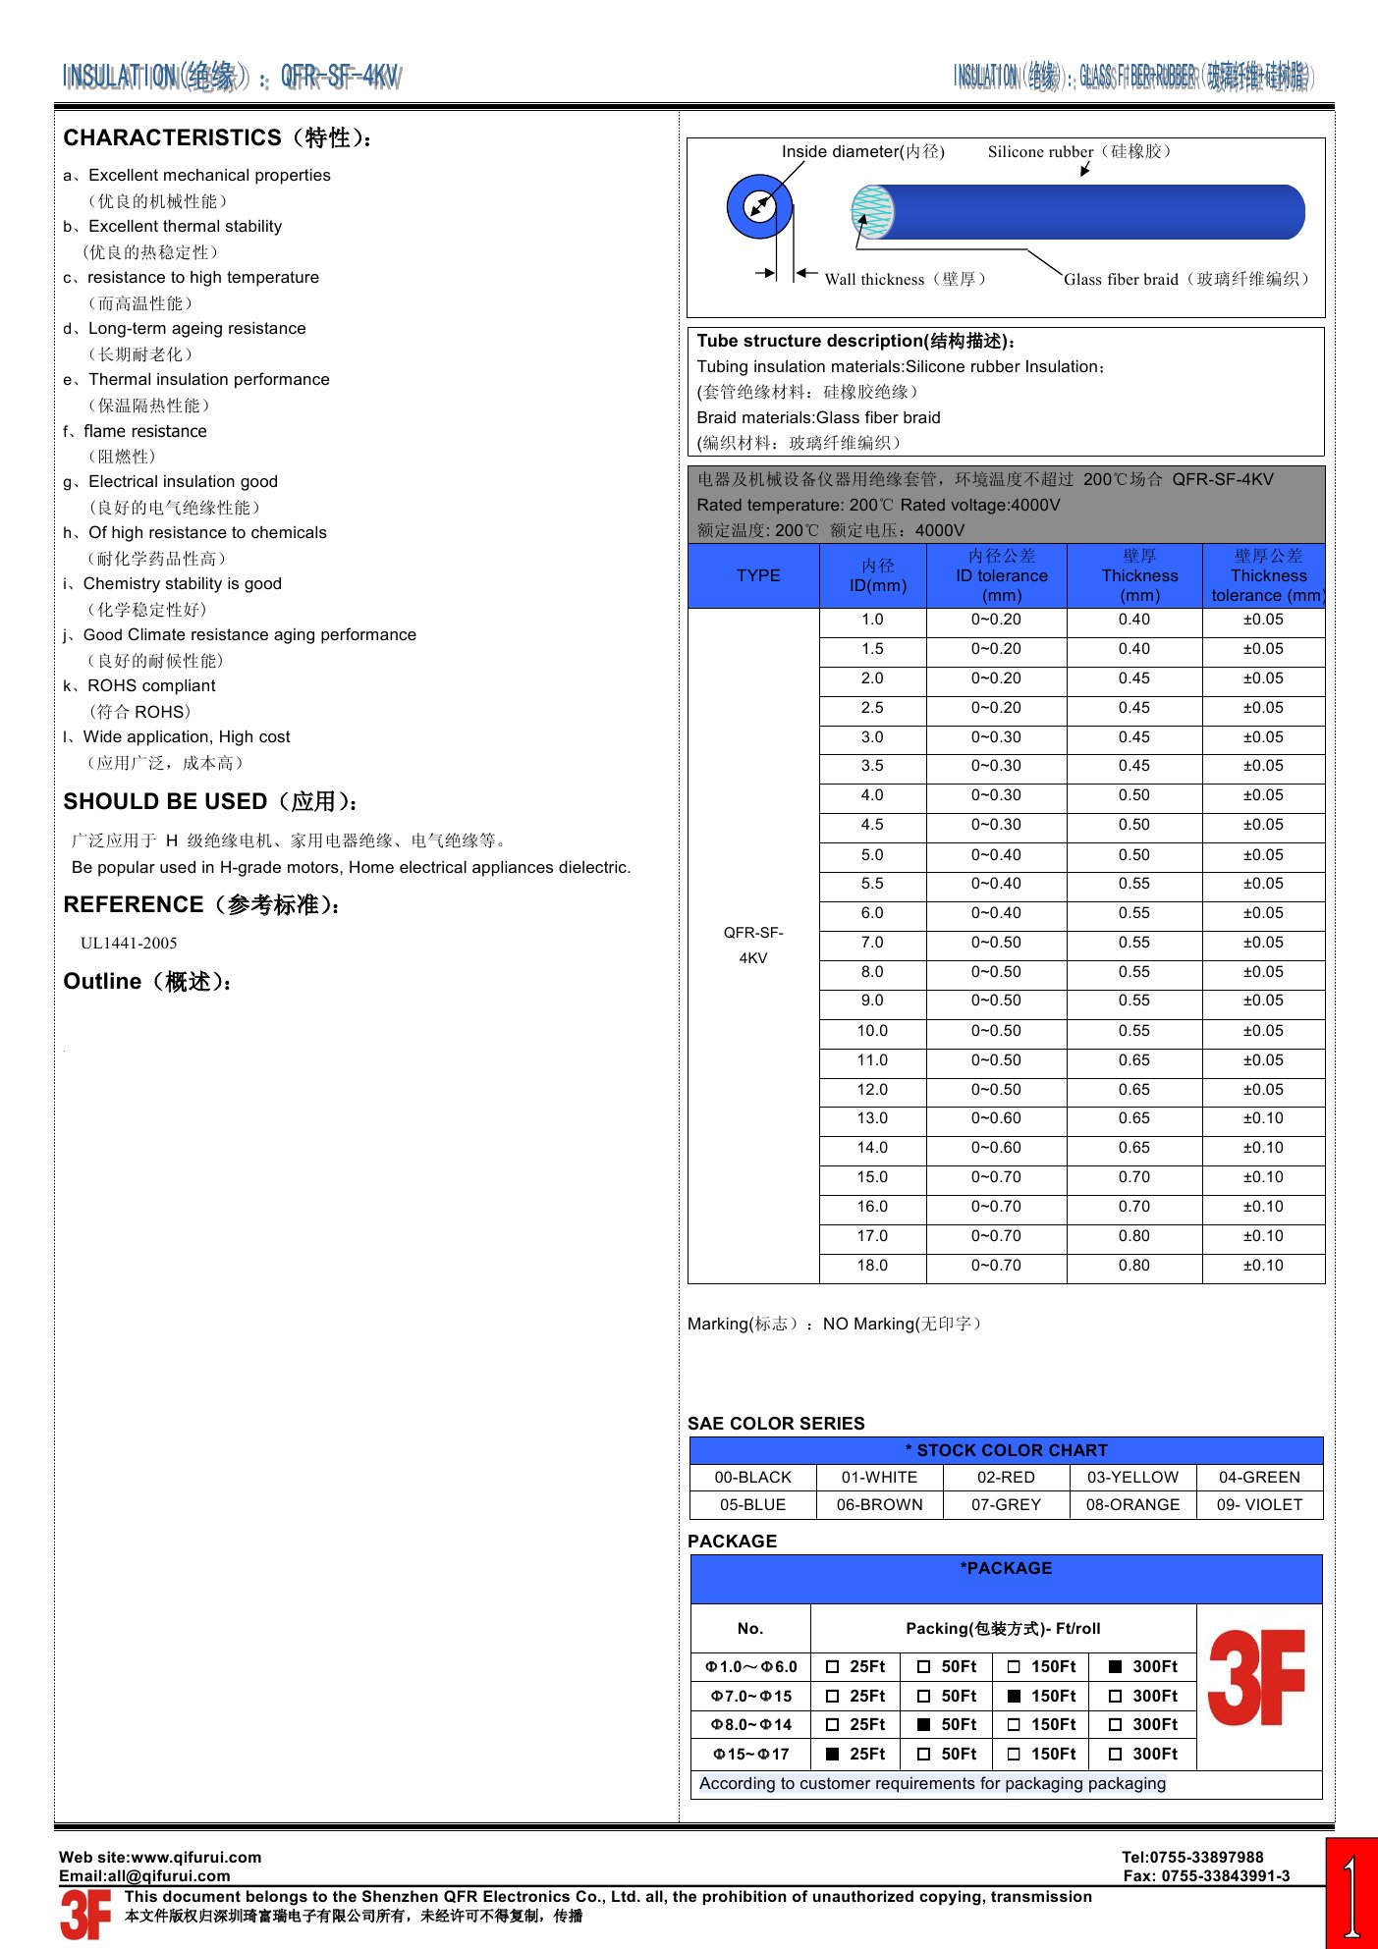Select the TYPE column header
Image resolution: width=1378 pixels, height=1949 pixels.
click(758, 575)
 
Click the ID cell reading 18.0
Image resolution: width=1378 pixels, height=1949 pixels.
click(872, 1266)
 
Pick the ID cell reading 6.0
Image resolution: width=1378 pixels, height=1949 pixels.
click(872, 913)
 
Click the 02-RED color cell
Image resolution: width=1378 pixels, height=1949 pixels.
click(1006, 1478)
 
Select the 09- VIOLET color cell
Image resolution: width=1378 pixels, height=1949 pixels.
click(1259, 1504)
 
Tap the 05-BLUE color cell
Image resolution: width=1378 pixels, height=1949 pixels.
click(752, 1504)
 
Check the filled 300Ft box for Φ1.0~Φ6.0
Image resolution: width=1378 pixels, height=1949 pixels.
click(1116, 1666)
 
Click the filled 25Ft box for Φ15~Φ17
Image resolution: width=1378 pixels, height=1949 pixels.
click(833, 1754)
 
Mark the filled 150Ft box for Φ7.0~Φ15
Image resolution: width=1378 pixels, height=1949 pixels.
click(1015, 1696)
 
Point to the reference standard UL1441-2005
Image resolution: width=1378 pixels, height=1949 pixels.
click(129, 944)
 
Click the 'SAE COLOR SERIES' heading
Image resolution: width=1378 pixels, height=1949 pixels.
click(776, 1424)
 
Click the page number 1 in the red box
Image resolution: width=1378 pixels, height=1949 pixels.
click(1351, 1895)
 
